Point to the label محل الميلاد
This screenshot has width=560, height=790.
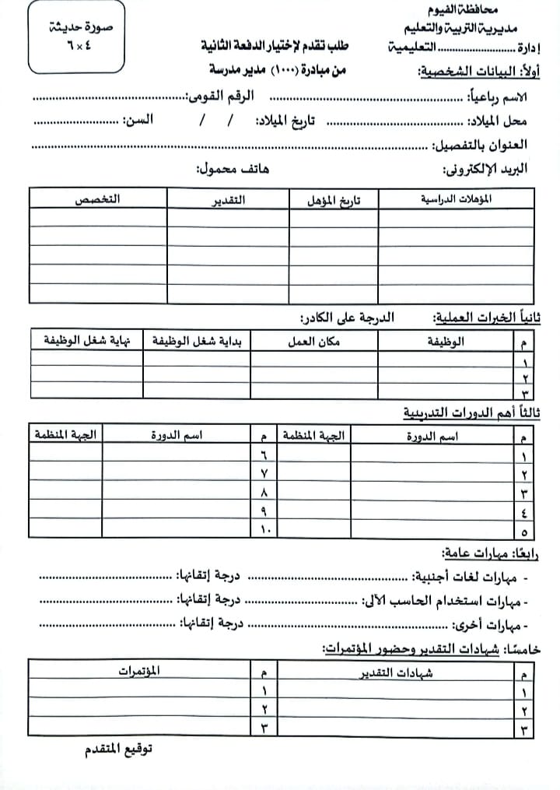point(499,121)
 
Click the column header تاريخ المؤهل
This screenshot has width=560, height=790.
point(334,199)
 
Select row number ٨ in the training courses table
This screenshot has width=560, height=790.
point(264,492)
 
